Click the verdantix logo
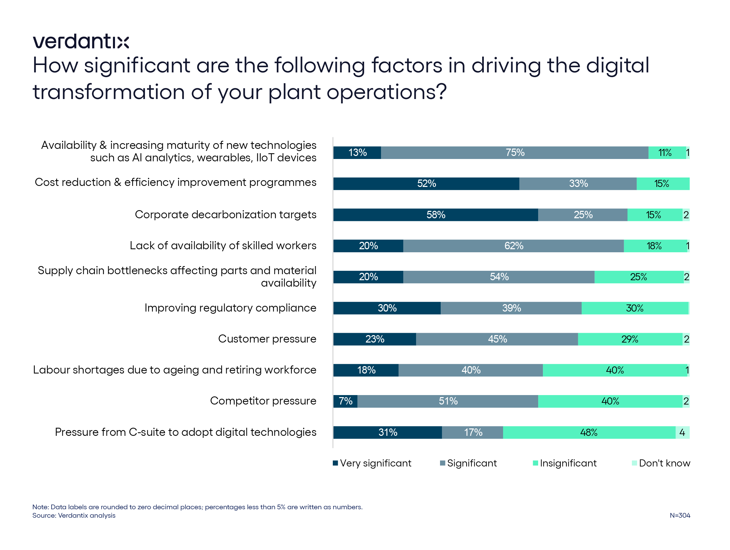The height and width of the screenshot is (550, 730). [81, 41]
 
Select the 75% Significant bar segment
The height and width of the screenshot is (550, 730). [515, 153]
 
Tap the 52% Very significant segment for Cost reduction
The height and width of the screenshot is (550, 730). [426, 184]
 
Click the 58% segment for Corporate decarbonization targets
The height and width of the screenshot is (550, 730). [436, 215]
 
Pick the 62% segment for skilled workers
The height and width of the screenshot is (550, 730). [514, 246]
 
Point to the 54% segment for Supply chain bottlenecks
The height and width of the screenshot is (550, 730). [499, 277]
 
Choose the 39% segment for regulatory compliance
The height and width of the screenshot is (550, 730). [511, 308]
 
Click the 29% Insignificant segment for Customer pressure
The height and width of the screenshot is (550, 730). [630, 339]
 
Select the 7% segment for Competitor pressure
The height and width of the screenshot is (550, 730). [345, 401]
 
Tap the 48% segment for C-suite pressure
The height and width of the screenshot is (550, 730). [589, 432]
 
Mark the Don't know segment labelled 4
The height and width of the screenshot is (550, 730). [682, 432]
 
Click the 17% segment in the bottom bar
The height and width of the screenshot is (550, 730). [473, 432]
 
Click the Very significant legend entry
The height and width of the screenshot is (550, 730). [372, 463]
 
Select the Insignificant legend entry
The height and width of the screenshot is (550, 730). [565, 463]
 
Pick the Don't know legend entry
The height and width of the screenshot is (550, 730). [661, 463]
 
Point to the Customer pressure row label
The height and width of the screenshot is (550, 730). [267, 339]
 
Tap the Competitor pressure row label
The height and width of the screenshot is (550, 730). [263, 401]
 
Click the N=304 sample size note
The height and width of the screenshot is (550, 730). [680, 515]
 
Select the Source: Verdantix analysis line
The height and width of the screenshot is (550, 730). [74, 515]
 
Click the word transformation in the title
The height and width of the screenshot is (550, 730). [109, 92]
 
